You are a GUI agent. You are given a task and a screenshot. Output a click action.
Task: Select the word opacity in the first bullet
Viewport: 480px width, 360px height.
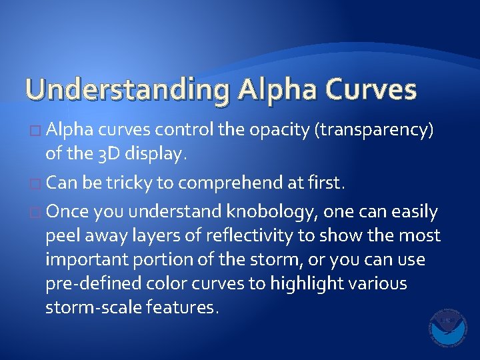pos(278,130)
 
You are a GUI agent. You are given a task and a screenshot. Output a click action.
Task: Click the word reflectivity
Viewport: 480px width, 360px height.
pos(246,235)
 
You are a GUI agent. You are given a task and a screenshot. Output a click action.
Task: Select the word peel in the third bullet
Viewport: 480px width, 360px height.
pos(61,235)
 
